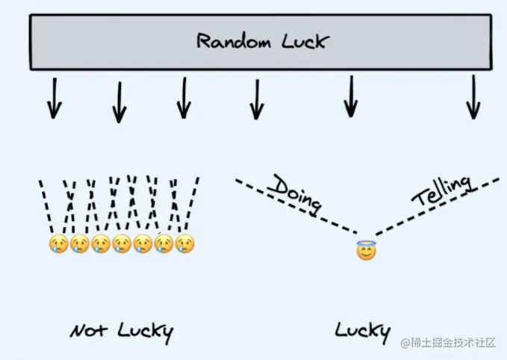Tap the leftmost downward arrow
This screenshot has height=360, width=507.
[52, 99]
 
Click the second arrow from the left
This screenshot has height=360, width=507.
[119, 102]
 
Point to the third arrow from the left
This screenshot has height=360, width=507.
[183, 99]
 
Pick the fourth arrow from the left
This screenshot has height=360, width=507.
[257, 99]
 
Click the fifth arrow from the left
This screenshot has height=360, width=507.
[351, 97]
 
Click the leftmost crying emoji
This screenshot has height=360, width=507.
[58, 243]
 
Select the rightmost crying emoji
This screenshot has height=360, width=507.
[184, 243]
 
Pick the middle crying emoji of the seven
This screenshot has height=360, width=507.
[122, 243]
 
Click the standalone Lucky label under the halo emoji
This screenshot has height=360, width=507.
[361, 329]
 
